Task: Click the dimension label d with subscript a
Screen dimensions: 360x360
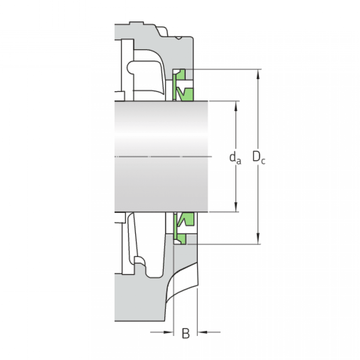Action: click(x=235, y=158)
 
